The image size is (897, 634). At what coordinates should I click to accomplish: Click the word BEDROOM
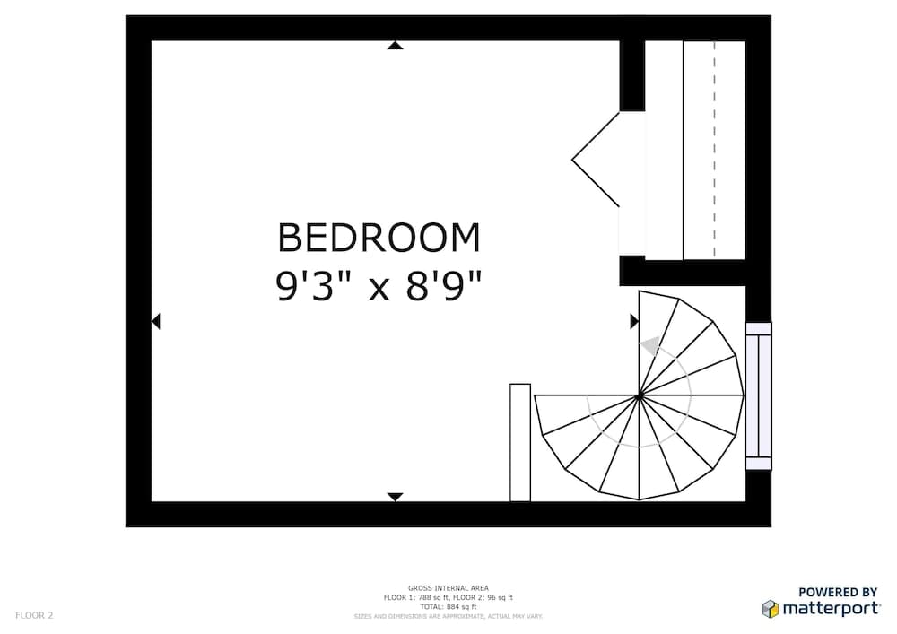pyautogui.click(x=379, y=239)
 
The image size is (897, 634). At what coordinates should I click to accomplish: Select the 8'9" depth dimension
pyautogui.click(x=441, y=287)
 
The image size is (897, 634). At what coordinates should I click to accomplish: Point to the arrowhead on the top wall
pyautogui.click(x=395, y=45)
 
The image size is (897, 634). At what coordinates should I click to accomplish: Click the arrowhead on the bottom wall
pyautogui.click(x=395, y=497)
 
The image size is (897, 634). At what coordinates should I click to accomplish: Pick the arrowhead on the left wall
pyautogui.click(x=156, y=321)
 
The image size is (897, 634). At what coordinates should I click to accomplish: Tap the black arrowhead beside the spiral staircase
pyautogui.click(x=634, y=321)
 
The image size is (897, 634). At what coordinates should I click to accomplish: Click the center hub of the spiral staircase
pyautogui.click(x=639, y=395)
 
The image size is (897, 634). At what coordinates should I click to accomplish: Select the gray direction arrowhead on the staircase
pyautogui.click(x=649, y=345)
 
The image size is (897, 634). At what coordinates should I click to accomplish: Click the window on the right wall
pyautogui.click(x=758, y=395)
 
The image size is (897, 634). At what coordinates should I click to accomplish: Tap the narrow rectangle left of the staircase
pyautogui.click(x=520, y=442)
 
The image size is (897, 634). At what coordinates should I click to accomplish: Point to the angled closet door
pyautogui.click(x=597, y=160)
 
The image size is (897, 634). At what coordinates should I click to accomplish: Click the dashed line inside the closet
pyautogui.click(x=715, y=150)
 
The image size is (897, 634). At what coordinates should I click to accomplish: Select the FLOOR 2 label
pyautogui.click(x=34, y=615)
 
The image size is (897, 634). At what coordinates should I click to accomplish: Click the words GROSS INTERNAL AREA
pyautogui.click(x=448, y=588)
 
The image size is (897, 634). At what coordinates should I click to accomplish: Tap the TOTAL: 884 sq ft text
pyautogui.click(x=448, y=607)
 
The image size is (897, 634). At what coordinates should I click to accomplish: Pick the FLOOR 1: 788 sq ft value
pyautogui.click(x=417, y=597)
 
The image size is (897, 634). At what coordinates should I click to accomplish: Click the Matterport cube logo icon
pyautogui.click(x=770, y=609)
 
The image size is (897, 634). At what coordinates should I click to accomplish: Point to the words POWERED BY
pyautogui.click(x=838, y=592)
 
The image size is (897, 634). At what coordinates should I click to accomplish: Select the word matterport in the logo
pyautogui.click(x=830, y=609)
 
